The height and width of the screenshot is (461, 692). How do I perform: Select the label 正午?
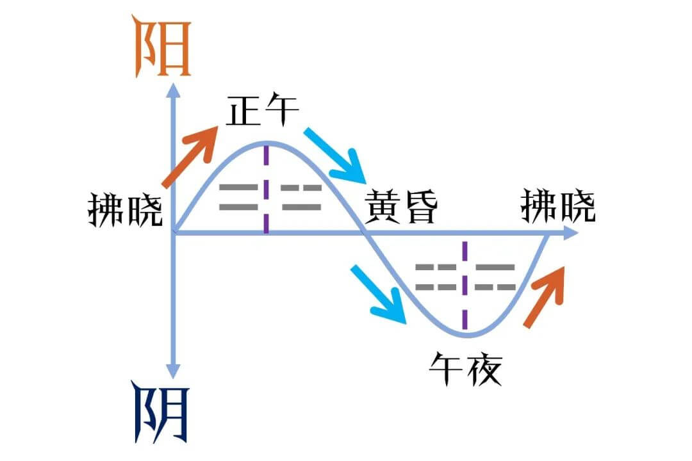coord(262,113)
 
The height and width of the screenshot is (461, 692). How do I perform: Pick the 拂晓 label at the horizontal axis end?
coord(558,206)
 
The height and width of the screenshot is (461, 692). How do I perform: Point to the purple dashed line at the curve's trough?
coord(465,288)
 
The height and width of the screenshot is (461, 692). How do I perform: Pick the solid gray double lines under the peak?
coord(238,197)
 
